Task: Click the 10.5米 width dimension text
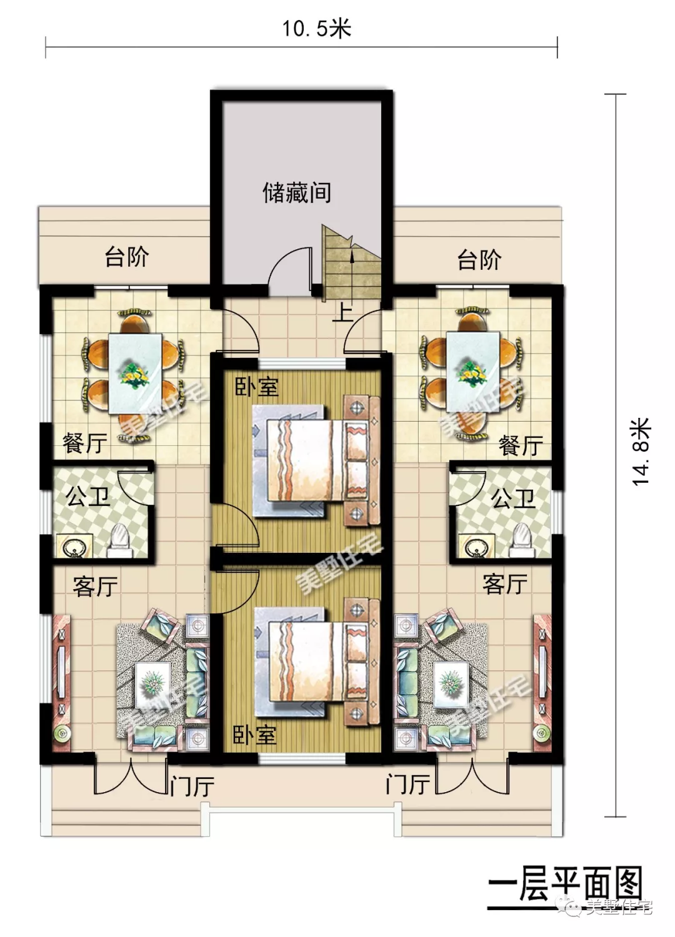(316, 29)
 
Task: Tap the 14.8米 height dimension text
(641, 452)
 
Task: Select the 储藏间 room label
(297, 192)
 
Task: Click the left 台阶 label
(127, 256)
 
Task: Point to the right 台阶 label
(479, 259)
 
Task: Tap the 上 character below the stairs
(342, 312)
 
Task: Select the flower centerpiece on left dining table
(134, 374)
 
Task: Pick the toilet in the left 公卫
(117, 541)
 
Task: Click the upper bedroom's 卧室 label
(256, 387)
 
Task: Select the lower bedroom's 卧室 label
(255, 735)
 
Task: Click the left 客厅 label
(95, 587)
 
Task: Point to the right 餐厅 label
(521, 446)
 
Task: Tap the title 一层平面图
(565, 886)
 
